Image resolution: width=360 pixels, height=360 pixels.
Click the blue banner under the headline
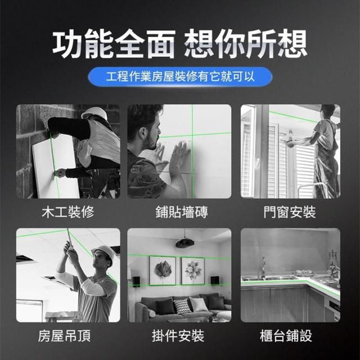(180, 76)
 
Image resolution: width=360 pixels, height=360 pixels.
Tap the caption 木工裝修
(68, 211)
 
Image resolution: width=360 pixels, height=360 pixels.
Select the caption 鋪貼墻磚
(182, 211)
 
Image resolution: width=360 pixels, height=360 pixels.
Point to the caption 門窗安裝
(290, 211)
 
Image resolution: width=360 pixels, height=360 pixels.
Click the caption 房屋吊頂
(65, 336)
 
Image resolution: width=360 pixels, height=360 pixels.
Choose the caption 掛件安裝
(178, 336)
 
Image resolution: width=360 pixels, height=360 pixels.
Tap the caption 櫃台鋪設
(286, 336)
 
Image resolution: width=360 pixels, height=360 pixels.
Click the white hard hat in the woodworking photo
(94, 113)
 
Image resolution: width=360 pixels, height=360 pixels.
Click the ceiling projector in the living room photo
(185, 243)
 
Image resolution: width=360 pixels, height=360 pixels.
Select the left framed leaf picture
(163, 271)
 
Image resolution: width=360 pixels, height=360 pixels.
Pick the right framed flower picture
(192, 271)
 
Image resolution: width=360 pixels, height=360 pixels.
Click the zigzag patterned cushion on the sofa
(182, 306)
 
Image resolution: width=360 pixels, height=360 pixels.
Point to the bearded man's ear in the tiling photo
(145, 134)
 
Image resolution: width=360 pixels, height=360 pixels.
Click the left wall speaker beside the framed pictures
(136, 281)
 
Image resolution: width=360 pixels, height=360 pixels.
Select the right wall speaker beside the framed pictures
(215, 281)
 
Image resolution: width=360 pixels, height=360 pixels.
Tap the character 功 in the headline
(68, 44)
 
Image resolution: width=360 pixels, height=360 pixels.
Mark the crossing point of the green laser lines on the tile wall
(192, 135)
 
